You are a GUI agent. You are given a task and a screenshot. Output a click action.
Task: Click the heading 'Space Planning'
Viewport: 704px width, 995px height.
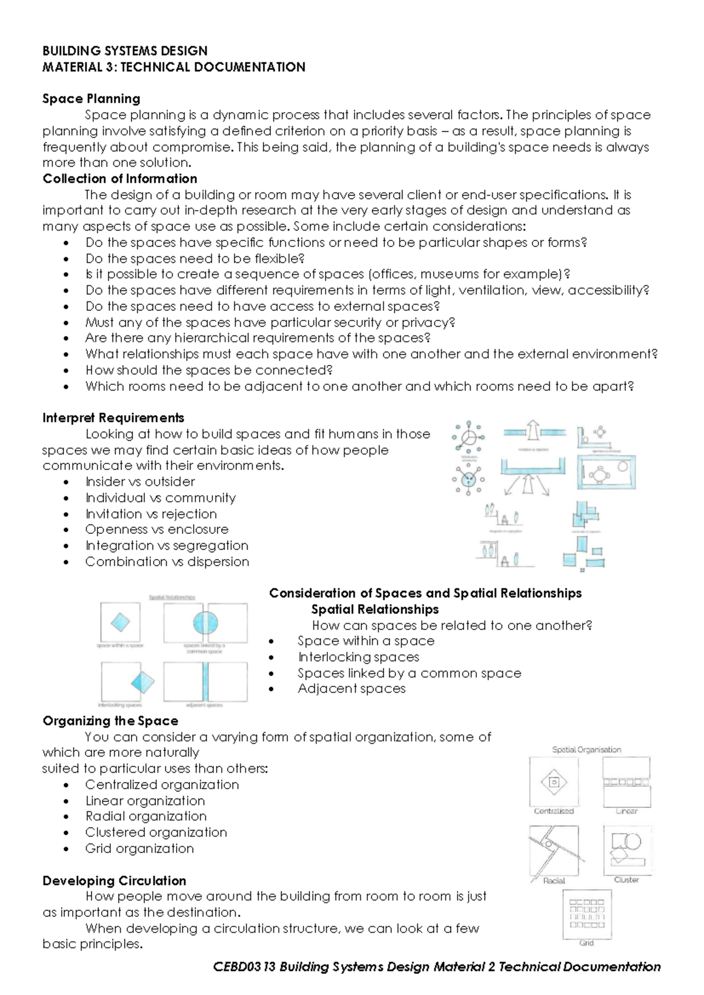point(91,99)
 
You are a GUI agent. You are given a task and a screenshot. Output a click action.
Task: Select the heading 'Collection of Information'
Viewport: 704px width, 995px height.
point(120,178)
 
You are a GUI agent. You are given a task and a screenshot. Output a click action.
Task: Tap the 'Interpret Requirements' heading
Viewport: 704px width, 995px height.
point(113,418)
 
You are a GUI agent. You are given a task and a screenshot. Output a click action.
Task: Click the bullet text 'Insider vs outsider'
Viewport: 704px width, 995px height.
point(140,482)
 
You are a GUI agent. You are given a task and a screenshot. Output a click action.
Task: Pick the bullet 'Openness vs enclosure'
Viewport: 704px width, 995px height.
point(157,529)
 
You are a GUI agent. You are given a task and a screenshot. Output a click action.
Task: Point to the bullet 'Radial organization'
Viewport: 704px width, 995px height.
point(145,816)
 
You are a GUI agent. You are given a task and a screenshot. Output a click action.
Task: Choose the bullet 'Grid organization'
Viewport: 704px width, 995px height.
point(139,848)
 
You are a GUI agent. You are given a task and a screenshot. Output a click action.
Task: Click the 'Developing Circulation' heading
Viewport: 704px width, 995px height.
point(114,881)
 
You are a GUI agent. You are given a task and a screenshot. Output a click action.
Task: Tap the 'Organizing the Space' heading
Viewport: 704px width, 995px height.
point(110,720)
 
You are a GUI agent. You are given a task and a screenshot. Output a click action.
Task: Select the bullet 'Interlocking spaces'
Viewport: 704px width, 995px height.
point(358,657)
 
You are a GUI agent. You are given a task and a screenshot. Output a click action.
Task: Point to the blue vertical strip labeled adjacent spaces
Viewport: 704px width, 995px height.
point(205,682)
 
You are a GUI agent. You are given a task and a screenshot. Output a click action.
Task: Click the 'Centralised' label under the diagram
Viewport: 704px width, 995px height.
point(553,811)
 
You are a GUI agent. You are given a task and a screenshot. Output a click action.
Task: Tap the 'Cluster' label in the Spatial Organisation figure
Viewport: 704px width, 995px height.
point(626,879)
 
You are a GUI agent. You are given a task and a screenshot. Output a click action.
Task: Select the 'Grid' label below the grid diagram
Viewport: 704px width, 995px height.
point(586,943)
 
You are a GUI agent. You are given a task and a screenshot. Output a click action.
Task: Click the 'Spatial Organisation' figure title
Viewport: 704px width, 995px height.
point(586,750)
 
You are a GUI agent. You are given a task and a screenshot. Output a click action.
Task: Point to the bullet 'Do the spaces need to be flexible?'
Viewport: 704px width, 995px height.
point(195,258)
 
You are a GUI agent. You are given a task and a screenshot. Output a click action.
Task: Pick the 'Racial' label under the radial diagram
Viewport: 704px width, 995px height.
point(554,881)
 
